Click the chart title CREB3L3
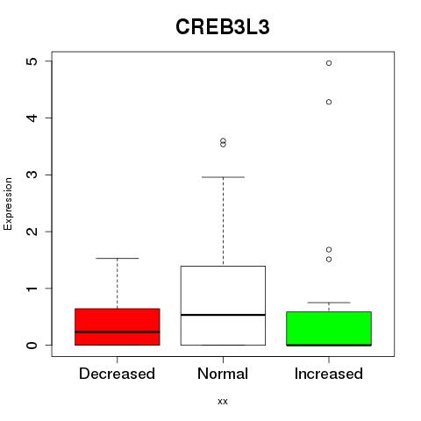(222, 27)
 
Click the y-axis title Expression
(8, 203)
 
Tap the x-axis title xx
(223, 401)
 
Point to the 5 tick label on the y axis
(32, 61)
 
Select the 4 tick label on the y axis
(32, 118)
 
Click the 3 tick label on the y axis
(32, 175)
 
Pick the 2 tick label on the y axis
(32, 232)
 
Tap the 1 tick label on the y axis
(32, 289)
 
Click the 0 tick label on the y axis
(32, 345)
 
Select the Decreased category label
(117, 374)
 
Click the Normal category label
(223, 374)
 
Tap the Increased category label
(329, 374)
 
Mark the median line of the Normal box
(223, 315)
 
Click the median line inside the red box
(118, 332)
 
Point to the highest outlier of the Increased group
(329, 63)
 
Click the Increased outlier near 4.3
(329, 102)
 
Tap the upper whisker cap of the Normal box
(223, 177)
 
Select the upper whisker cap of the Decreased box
(118, 258)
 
